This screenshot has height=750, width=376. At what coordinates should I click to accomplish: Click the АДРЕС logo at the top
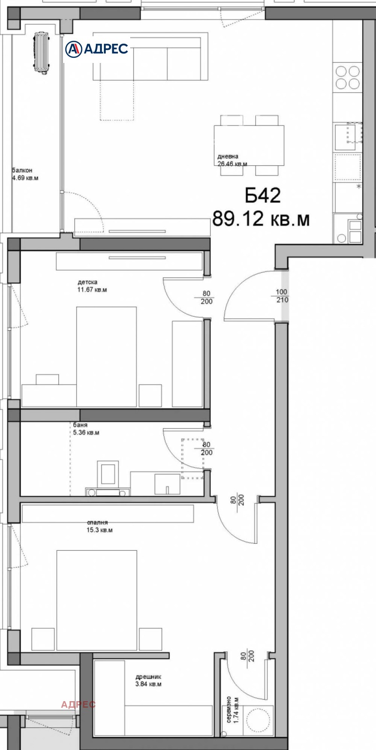[97, 48]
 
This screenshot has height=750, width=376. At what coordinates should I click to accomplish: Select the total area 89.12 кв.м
[261, 219]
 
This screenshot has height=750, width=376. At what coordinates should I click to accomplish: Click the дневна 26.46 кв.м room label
[231, 160]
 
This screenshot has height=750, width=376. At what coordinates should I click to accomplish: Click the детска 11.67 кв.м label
[92, 286]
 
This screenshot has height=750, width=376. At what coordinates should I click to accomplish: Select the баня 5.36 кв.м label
[86, 429]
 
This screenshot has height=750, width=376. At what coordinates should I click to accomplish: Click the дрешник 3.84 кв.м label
[148, 680]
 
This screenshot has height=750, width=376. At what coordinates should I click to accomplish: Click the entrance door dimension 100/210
[282, 296]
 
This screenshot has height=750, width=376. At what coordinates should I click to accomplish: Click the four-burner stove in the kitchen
[347, 78]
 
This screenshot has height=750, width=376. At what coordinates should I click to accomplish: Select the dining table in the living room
[249, 145]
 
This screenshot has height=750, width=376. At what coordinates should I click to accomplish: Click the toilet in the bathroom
[108, 476]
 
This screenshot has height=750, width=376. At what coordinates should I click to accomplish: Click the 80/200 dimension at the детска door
[206, 298]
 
